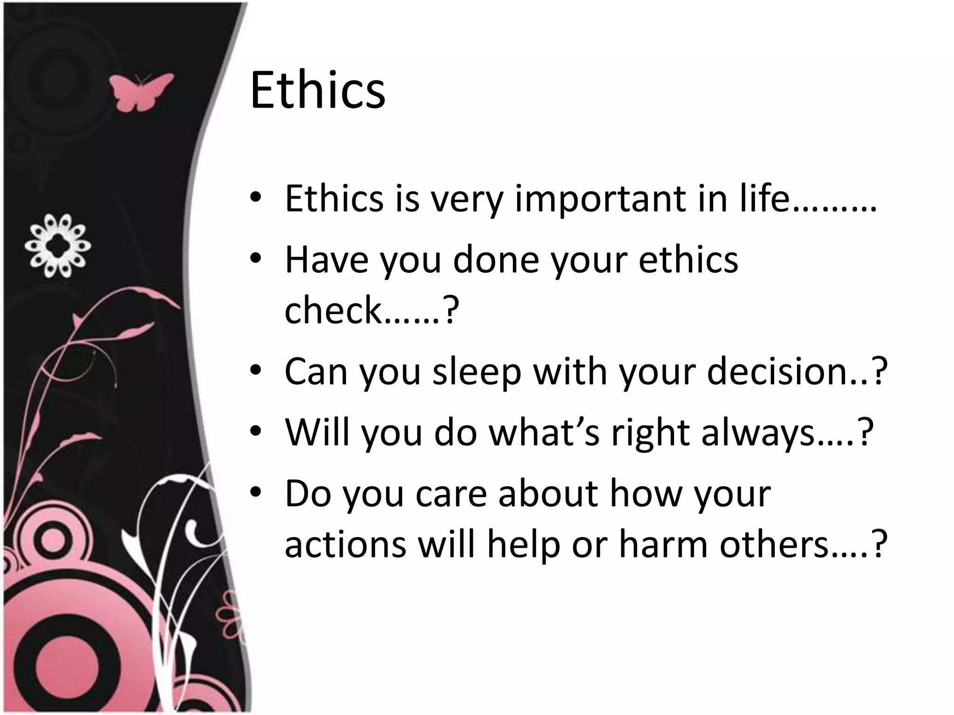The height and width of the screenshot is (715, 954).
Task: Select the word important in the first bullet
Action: tap(601, 199)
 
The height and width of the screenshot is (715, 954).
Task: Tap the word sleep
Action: tap(477, 372)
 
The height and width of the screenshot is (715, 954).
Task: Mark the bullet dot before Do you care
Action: tap(256, 492)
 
